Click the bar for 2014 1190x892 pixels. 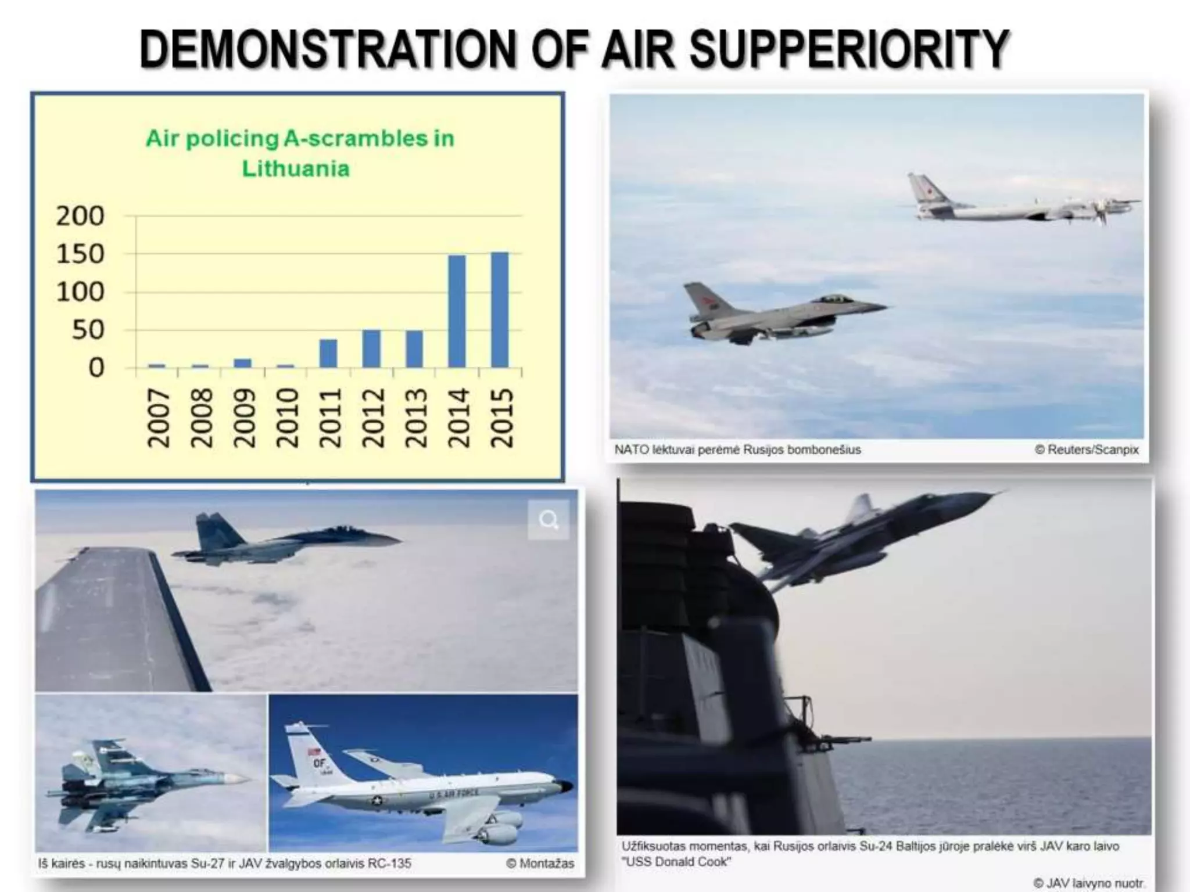pos(457,311)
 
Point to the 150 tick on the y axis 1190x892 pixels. pos(80,254)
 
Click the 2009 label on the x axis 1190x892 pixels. pos(244,418)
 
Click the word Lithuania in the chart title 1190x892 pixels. pos(296,169)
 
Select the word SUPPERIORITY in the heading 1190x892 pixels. pos(849,49)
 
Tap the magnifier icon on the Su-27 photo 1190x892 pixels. pos(549,520)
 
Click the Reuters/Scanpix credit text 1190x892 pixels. pos(1087,449)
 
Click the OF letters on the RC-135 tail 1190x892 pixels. pos(319,762)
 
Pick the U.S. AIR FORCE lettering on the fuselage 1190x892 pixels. pos(454,793)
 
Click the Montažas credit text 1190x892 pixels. pos(540,864)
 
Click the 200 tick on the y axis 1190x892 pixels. pos(80,216)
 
